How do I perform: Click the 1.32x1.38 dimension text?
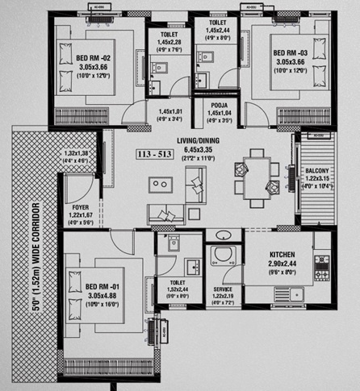coord(76,153)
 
